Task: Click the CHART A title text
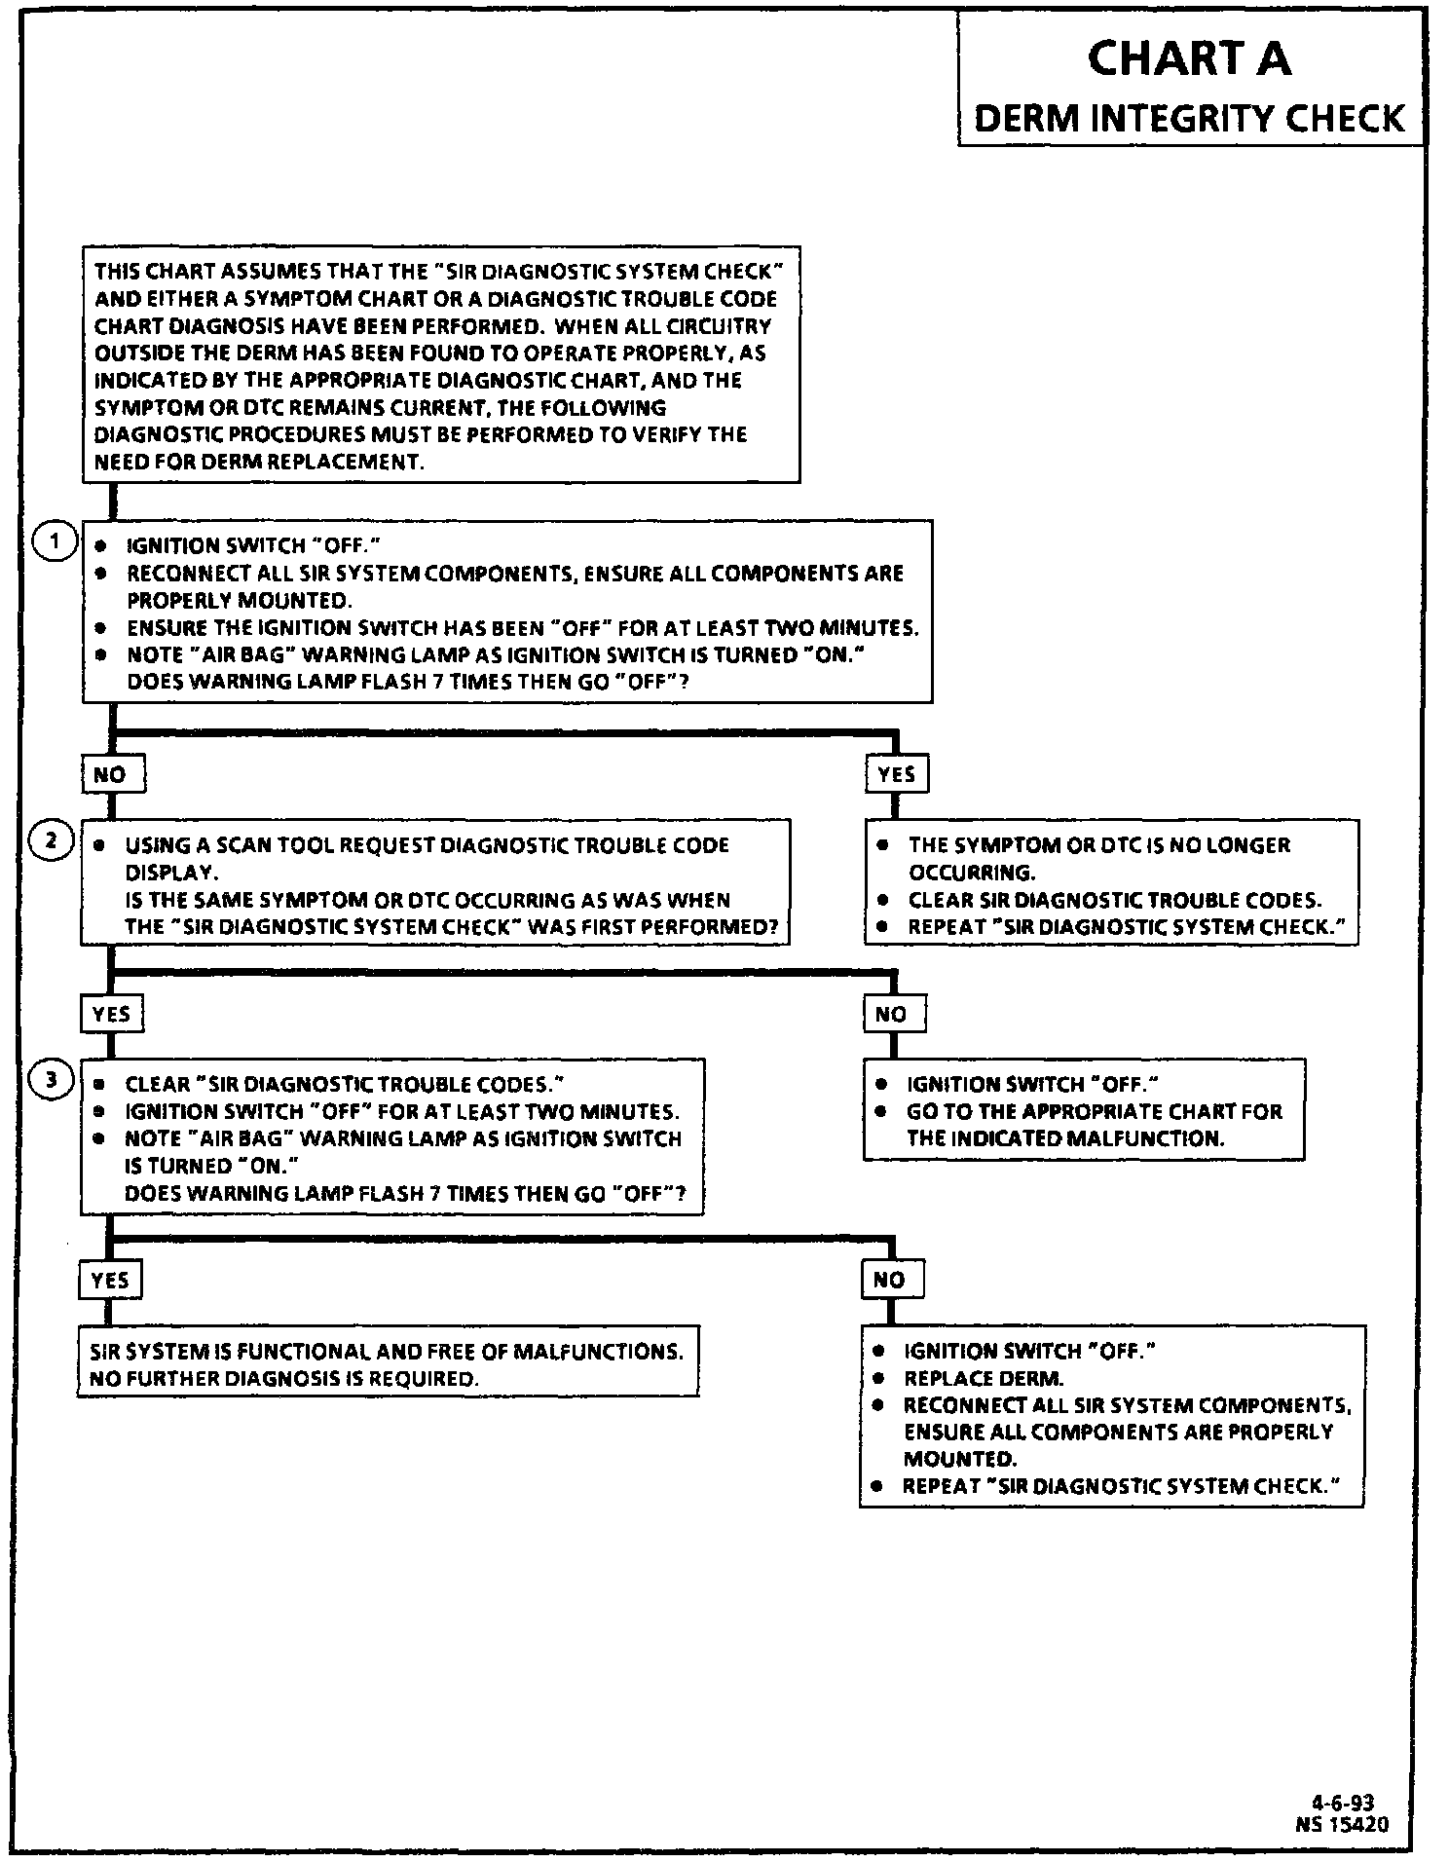[1189, 58]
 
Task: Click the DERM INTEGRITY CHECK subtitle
[1189, 119]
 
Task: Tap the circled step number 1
[56, 541]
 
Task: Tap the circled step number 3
[54, 1079]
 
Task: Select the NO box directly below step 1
[111, 775]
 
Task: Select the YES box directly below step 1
[896, 774]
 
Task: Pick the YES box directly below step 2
[111, 1014]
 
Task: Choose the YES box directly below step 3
[110, 1280]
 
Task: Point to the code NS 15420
[1342, 1823]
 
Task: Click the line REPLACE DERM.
[984, 1378]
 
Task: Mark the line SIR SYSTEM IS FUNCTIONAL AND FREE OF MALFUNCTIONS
[387, 1352]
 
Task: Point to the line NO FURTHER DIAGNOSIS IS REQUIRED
[284, 1379]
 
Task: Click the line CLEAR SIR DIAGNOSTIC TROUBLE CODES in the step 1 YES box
[1114, 900]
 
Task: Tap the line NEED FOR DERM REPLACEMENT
[259, 462]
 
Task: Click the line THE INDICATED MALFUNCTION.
[1065, 1138]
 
